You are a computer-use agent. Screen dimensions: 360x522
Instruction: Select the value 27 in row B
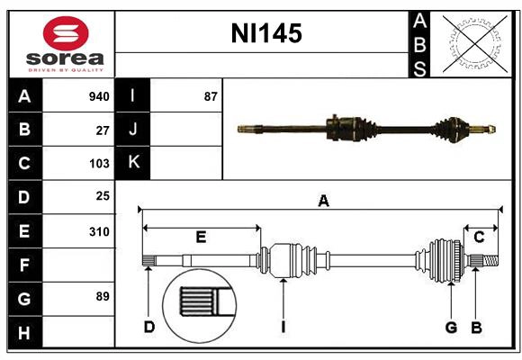[103, 130]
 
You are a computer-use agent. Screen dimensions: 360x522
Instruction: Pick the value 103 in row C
[99, 164]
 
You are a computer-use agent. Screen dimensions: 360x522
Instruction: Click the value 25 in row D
[103, 196]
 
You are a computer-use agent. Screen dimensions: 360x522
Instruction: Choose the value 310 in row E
[99, 231]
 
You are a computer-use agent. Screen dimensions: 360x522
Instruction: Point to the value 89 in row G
[103, 296]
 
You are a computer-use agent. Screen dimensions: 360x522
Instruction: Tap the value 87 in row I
[211, 96]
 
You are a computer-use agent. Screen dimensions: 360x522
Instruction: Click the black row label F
[24, 265]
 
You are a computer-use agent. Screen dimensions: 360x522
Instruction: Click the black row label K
[133, 163]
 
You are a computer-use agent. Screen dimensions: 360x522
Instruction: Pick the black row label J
[133, 130]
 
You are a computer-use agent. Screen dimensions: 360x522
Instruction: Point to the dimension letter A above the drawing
[323, 202]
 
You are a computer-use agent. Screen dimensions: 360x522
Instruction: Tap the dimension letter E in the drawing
[201, 238]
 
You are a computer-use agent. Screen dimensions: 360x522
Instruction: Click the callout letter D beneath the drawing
[149, 327]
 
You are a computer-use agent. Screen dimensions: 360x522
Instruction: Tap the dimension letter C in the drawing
[479, 238]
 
